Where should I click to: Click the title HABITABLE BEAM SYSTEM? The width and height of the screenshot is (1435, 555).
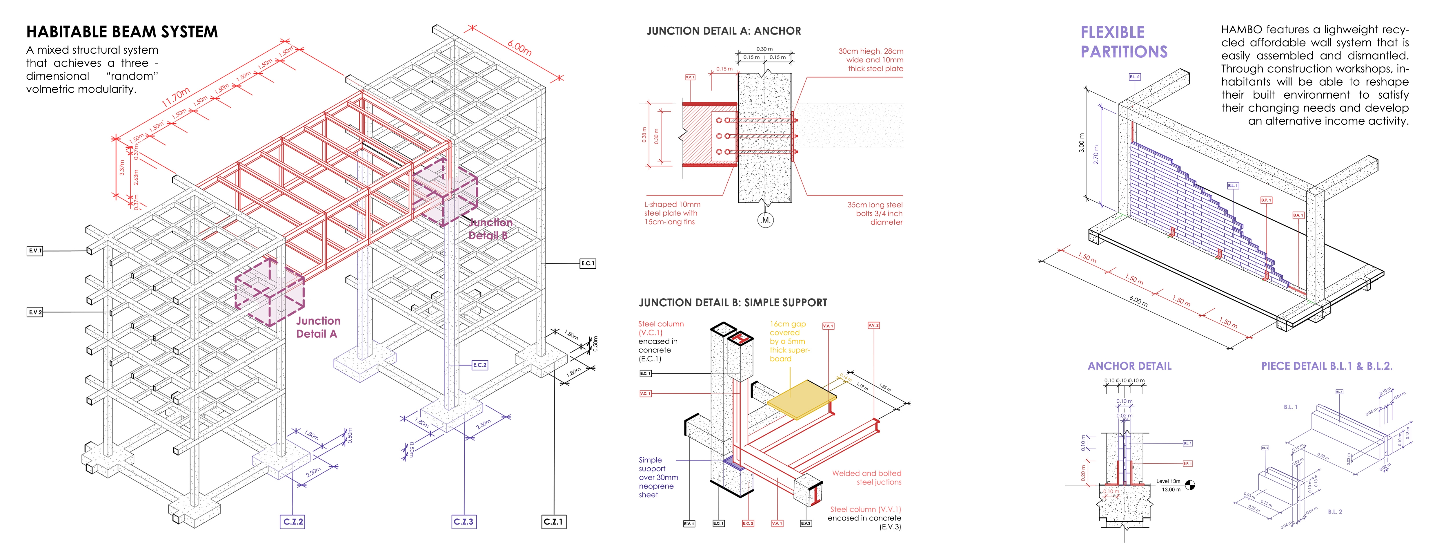122,32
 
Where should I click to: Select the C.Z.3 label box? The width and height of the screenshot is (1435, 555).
464,522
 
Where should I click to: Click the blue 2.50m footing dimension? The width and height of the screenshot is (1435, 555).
484,425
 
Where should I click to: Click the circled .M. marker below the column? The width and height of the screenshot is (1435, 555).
765,220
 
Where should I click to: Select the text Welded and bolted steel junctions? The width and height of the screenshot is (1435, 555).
867,478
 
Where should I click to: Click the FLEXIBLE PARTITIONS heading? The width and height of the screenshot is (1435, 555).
1124,42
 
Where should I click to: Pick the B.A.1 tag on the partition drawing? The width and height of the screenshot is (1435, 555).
1298,215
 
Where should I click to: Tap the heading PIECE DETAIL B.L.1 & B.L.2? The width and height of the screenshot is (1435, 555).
1326,366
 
